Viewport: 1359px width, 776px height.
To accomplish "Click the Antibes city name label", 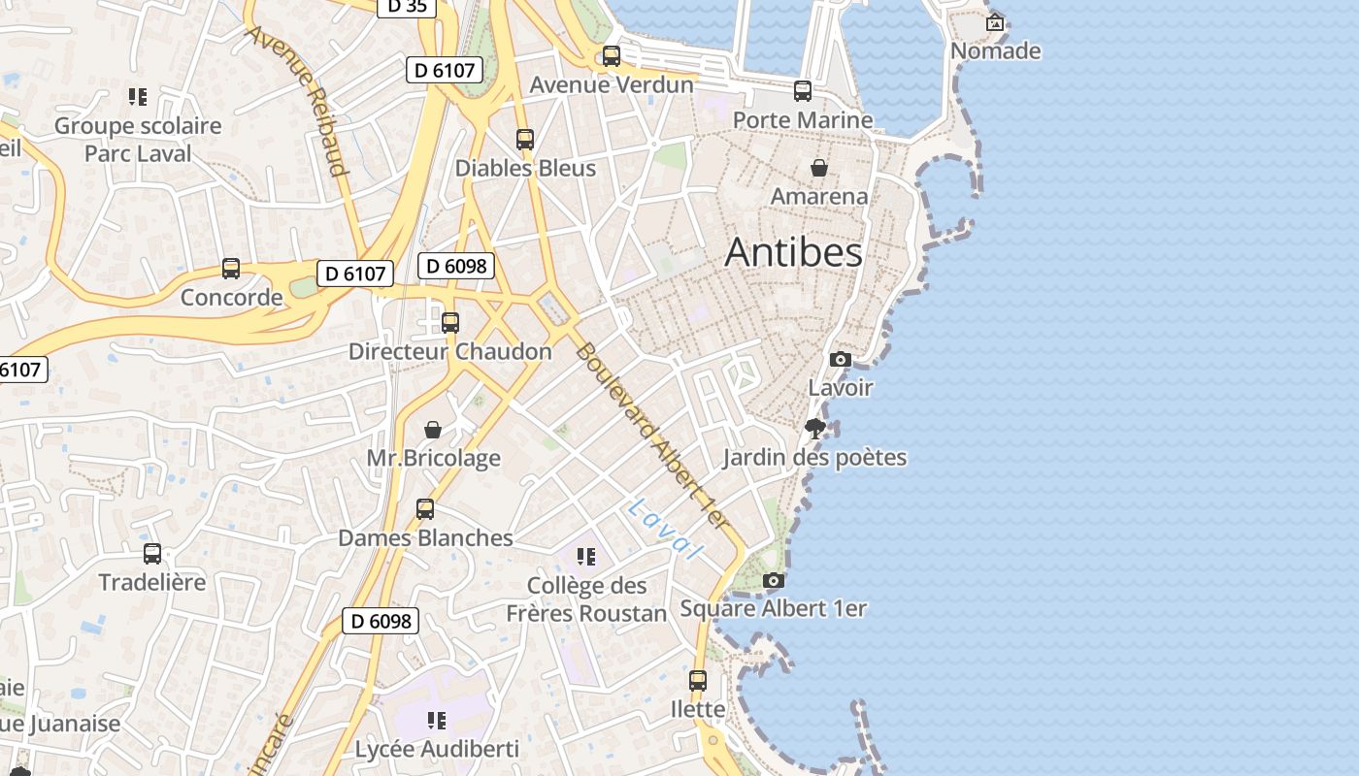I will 793,252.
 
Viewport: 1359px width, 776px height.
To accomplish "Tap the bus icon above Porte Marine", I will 803,91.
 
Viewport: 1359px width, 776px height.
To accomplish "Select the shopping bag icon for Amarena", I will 819,168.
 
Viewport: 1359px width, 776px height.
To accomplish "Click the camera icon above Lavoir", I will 841,359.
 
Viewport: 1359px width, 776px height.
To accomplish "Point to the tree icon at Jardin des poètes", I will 815,428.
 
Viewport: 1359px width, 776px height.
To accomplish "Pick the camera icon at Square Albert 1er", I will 774,580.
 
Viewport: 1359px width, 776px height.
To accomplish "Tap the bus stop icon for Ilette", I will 698,680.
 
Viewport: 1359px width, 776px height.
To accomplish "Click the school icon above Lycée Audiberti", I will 437,720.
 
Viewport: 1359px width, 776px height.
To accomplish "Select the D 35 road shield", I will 406,6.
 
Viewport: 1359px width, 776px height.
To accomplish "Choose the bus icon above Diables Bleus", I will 525,139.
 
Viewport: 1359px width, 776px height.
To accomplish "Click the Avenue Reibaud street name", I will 297,101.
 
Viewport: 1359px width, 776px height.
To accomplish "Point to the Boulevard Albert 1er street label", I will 651,436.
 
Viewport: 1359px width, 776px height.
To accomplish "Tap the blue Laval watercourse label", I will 665,530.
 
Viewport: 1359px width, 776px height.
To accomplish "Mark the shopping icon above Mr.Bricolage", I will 433,429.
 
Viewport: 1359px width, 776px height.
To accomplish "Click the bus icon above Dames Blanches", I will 425,508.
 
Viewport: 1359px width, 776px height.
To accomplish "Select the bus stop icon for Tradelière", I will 152,553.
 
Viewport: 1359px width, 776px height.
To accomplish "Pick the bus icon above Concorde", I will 231,268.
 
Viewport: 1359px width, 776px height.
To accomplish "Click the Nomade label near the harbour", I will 995,50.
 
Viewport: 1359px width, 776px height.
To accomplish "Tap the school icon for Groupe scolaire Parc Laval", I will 138,96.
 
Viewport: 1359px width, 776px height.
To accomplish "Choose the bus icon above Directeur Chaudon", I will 450,322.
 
